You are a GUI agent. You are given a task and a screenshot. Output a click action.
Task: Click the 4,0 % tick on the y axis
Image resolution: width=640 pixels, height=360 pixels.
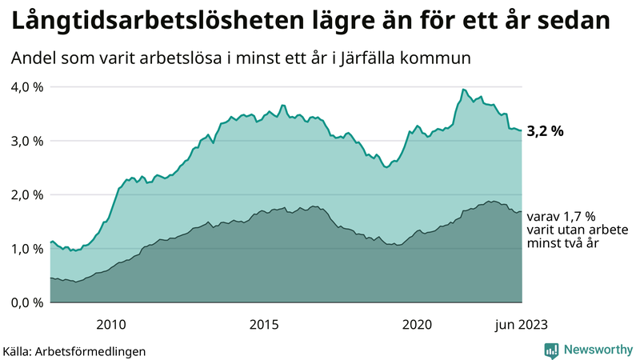[x=26, y=86]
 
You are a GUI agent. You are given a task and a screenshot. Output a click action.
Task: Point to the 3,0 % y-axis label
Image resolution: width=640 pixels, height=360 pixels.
[x=26, y=141]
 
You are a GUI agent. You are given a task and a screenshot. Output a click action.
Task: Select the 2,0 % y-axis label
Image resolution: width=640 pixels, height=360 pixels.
[x=26, y=194]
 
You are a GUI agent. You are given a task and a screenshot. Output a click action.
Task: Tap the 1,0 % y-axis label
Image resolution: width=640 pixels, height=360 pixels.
[x=26, y=249]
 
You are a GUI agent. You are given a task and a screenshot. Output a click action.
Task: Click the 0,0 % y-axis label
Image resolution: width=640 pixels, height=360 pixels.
[x=26, y=302]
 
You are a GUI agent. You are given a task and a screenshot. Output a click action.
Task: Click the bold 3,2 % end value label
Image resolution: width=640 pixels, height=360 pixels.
[x=546, y=131]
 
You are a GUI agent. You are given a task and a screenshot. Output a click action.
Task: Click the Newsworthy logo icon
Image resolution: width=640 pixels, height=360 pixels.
[x=551, y=350]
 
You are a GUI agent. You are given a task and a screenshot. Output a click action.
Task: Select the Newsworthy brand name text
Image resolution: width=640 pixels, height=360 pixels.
[x=597, y=350]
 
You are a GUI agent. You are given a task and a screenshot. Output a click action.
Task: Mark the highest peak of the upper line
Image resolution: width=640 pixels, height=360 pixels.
[x=464, y=89]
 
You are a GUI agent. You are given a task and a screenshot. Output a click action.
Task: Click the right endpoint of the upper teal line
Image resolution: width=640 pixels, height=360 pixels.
[x=522, y=130]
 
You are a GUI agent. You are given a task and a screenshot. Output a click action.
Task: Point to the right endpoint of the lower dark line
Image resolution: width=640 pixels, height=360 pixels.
[x=522, y=212]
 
